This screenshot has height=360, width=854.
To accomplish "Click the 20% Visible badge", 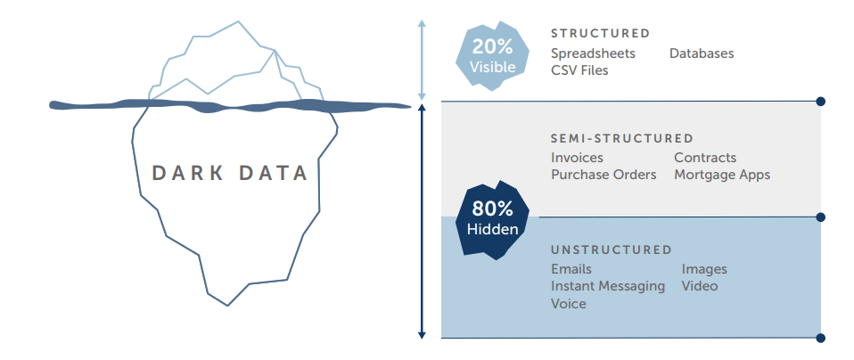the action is coord(492,56).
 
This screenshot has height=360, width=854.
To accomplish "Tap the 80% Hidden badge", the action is coord(492,219).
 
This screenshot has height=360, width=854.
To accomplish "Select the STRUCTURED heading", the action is coord(600,34).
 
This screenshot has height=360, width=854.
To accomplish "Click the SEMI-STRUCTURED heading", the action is coord(622,138).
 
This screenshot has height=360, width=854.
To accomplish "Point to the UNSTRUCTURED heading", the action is coord(612,250).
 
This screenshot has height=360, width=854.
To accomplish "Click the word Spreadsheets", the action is coord(593,54).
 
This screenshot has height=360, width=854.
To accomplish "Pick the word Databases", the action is coord(702,53).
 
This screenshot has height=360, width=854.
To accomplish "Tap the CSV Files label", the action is coord(579,70).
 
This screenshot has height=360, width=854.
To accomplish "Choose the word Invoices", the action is coord(577,158).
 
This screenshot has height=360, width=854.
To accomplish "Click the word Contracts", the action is coord(705,158).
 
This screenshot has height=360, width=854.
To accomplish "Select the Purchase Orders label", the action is coord(604,175).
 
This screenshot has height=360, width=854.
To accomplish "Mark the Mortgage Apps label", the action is coord(722,176).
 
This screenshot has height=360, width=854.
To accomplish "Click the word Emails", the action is coord(571,269).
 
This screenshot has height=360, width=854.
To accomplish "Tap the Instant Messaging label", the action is coord(608,286).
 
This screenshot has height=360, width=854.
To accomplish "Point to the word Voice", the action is coord(569,303).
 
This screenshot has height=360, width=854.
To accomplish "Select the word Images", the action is coord(704,270).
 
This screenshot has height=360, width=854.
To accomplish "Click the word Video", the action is coord(700,286).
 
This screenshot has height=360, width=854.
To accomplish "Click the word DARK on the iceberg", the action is coord(188,173).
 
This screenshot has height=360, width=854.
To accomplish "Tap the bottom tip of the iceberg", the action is coord(227,305).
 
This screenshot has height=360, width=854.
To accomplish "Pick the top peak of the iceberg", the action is coord(237,21).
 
